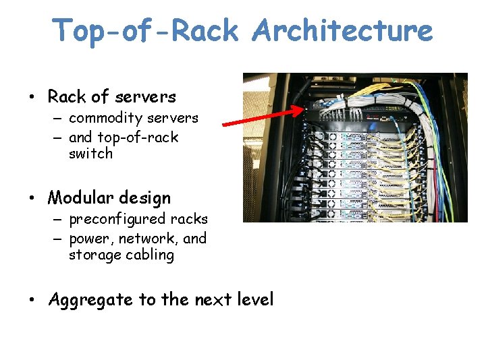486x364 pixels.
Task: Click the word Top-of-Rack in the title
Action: (145, 32)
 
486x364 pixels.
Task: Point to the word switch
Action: (90, 154)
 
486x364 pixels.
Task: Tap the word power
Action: (89, 239)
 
